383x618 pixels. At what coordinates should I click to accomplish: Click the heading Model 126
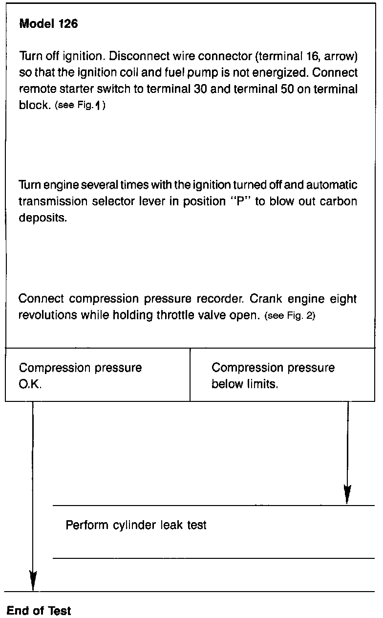click(48, 24)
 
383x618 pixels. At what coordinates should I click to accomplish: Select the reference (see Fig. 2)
click(290, 316)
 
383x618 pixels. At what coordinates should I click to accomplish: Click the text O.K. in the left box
click(30, 384)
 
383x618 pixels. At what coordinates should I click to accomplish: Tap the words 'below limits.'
click(245, 384)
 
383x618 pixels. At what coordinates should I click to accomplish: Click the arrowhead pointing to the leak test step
click(347, 495)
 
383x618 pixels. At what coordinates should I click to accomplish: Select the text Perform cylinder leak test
click(136, 526)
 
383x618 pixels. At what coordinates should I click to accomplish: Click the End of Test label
click(39, 611)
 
